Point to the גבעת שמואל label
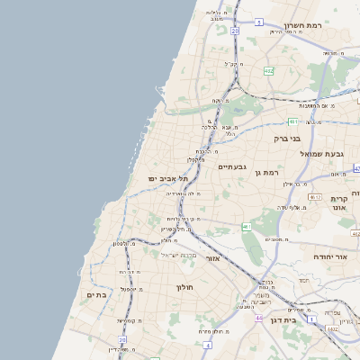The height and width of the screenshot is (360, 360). (x=319, y=154)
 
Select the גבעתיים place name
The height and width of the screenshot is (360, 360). (x=232, y=166)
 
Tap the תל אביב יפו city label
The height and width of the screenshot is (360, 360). (x=166, y=178)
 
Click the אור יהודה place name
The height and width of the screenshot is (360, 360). (x=331, y=256)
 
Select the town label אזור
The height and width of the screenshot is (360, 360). (x=213, y=258)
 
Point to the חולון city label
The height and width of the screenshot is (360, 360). (x=185, y=287)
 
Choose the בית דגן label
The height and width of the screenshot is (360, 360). (x=309, y=319)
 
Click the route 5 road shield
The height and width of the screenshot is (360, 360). (x=257, y=21)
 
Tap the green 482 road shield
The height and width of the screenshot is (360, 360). (x=269, y=70)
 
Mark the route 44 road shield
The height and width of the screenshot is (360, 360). (x=258, y=318)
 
